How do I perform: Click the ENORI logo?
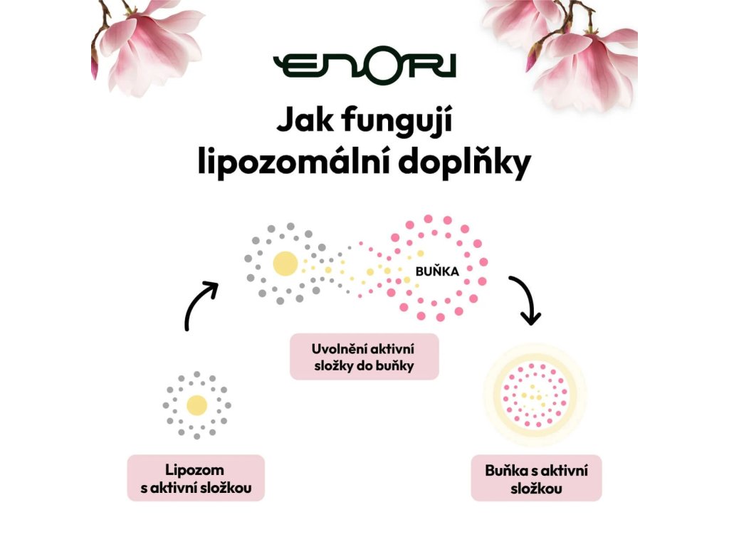364,65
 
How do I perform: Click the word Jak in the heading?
305,122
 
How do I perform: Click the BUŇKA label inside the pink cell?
437,271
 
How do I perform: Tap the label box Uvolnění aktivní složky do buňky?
364,357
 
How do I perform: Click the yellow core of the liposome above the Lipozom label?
196,405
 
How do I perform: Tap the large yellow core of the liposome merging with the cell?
285,264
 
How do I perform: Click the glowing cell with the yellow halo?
535,395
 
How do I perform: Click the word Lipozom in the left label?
194,470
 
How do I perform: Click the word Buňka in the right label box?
504,470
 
